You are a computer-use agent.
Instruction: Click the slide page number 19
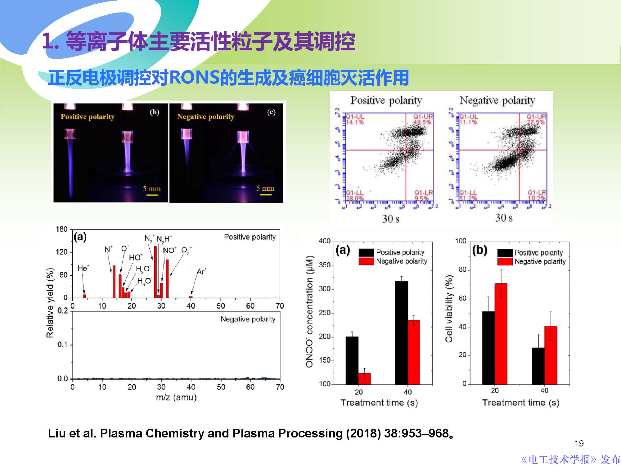(579, 443)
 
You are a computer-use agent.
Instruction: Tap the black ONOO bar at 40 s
(401, 332)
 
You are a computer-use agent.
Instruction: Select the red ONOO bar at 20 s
(364, 378)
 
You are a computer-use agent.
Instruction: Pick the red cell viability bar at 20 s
(501, 334)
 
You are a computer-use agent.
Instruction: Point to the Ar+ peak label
(201, 272)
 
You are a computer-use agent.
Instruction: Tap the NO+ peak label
(169, 251)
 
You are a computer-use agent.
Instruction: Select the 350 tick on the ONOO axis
(325, 265)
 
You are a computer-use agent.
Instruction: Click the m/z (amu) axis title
(176, 397)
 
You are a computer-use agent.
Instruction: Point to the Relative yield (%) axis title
(50, 303)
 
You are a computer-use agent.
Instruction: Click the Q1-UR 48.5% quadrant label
(422, 119)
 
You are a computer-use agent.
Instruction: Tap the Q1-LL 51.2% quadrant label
(468, 195)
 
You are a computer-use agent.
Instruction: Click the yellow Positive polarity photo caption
(88, 117)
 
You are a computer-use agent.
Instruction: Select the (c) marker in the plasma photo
(271, 112)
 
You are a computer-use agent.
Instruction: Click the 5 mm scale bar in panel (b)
(152, 195)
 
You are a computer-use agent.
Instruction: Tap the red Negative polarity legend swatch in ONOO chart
(366, 261)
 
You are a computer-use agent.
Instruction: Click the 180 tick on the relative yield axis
(61, 229)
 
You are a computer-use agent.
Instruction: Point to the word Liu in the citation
(57, 433)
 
